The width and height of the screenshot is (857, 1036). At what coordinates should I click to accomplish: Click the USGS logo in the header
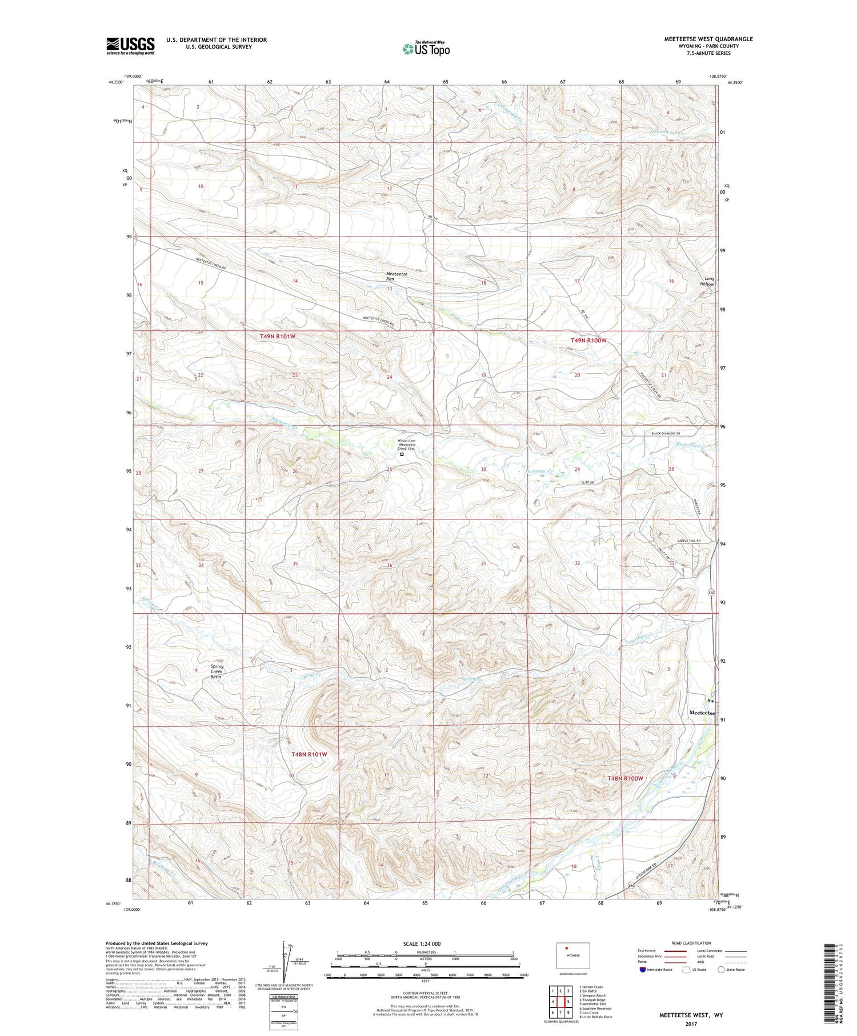[x=130, y=46]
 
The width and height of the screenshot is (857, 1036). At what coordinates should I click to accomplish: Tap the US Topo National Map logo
[x=426, y=49]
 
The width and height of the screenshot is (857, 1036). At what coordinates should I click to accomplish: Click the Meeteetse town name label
[x=702, y=713]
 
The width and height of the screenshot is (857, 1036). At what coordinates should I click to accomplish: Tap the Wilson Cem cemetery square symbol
[x=402, y=455]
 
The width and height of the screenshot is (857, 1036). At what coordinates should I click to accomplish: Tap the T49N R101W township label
[x=278, y=337]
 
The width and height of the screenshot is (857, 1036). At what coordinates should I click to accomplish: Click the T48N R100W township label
[x=625, y=779]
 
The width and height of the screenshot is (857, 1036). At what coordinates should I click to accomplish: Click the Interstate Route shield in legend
[x=643, y=970]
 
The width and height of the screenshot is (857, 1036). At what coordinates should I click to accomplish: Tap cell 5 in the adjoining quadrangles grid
[x=568, y=986]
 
